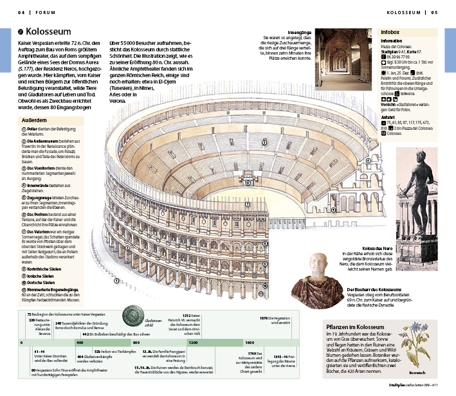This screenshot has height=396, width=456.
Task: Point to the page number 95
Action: pos(434,12)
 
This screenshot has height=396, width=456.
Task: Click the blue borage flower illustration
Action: pos(415,348)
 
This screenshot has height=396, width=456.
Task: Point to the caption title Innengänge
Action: pos(299,32)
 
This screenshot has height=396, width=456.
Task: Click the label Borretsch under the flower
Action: pos(417,373)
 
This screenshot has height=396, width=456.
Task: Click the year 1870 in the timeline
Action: pos(264,318)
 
